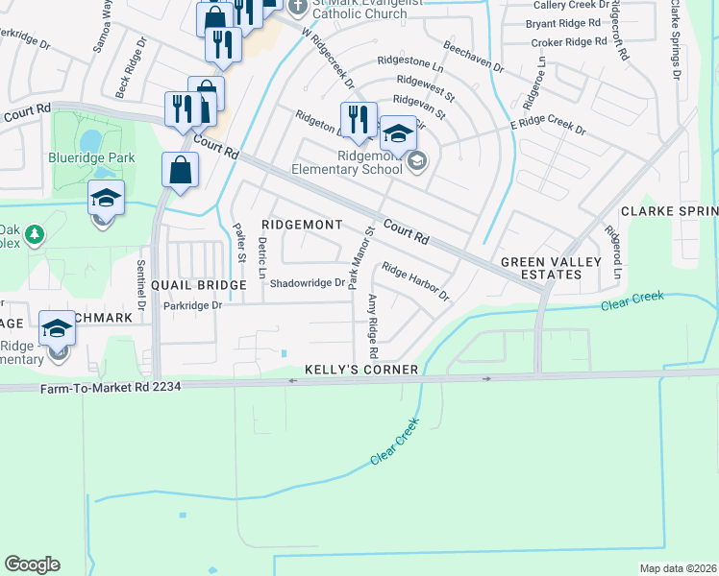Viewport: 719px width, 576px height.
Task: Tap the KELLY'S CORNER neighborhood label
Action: click(361, 370)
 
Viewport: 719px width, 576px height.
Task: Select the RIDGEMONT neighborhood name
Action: click(303, 225)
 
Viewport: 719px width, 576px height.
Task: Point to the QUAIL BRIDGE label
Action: click(199, 285)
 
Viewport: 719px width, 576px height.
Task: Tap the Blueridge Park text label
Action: click(91, 158)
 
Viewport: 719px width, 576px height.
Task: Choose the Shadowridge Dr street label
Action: click(307, 283)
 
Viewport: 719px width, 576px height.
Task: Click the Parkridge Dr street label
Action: click(192, 305)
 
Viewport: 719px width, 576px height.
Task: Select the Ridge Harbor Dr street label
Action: click(416, 281)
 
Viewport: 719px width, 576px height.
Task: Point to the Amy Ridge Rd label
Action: click(372, 320)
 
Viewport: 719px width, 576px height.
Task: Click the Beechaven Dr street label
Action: click(473, 57)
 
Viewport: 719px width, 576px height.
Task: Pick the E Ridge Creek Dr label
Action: click(548, 127)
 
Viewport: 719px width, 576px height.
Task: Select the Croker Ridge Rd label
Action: click(562, 42)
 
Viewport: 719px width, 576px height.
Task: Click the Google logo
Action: click(32, 564)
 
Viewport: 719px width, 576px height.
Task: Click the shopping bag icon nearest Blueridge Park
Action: click(180, 172)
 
